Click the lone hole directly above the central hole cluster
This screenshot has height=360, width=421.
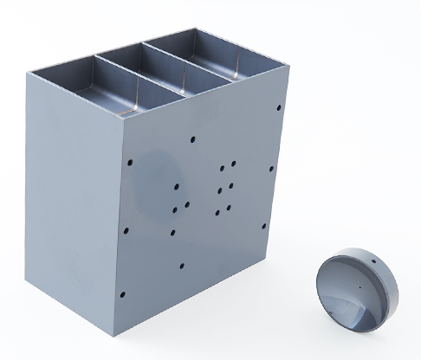click(192, 137)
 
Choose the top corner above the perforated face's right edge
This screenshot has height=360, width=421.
click(285, 83)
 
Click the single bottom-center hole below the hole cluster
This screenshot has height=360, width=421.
click(182, 266)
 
